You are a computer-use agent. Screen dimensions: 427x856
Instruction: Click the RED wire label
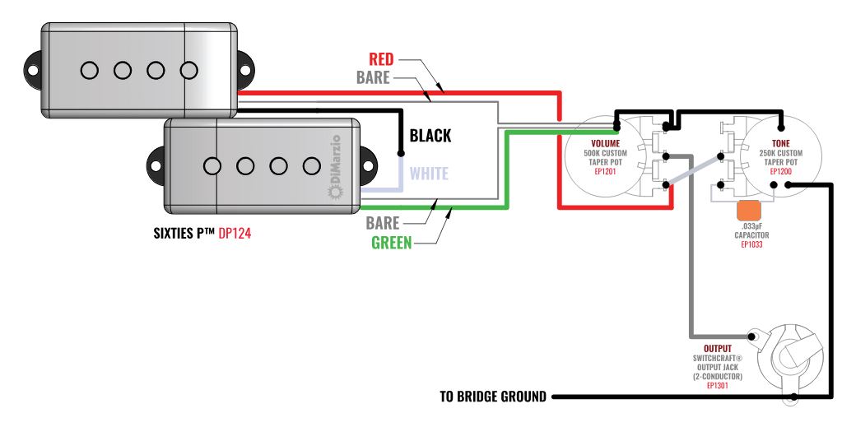381,59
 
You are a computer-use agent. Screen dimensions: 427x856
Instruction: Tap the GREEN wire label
391,243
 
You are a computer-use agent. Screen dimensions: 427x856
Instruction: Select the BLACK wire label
430,136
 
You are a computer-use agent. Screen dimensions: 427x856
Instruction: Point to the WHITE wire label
429,174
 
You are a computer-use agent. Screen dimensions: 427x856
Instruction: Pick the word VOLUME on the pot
605,143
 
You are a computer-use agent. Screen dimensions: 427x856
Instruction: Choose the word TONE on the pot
779,143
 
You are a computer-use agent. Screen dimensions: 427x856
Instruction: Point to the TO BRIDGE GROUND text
493,397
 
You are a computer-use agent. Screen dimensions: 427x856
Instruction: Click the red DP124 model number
235,234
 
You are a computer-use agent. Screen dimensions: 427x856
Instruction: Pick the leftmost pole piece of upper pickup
89,70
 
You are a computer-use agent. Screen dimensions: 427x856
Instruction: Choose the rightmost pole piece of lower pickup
310,166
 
